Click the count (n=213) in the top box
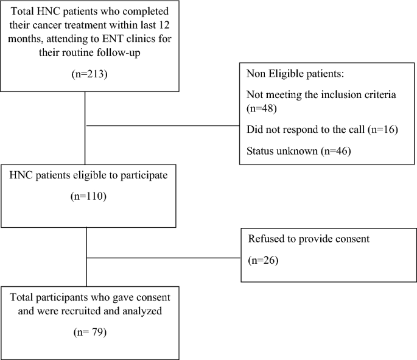(85, 75)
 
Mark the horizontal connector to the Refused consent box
(164, 258)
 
